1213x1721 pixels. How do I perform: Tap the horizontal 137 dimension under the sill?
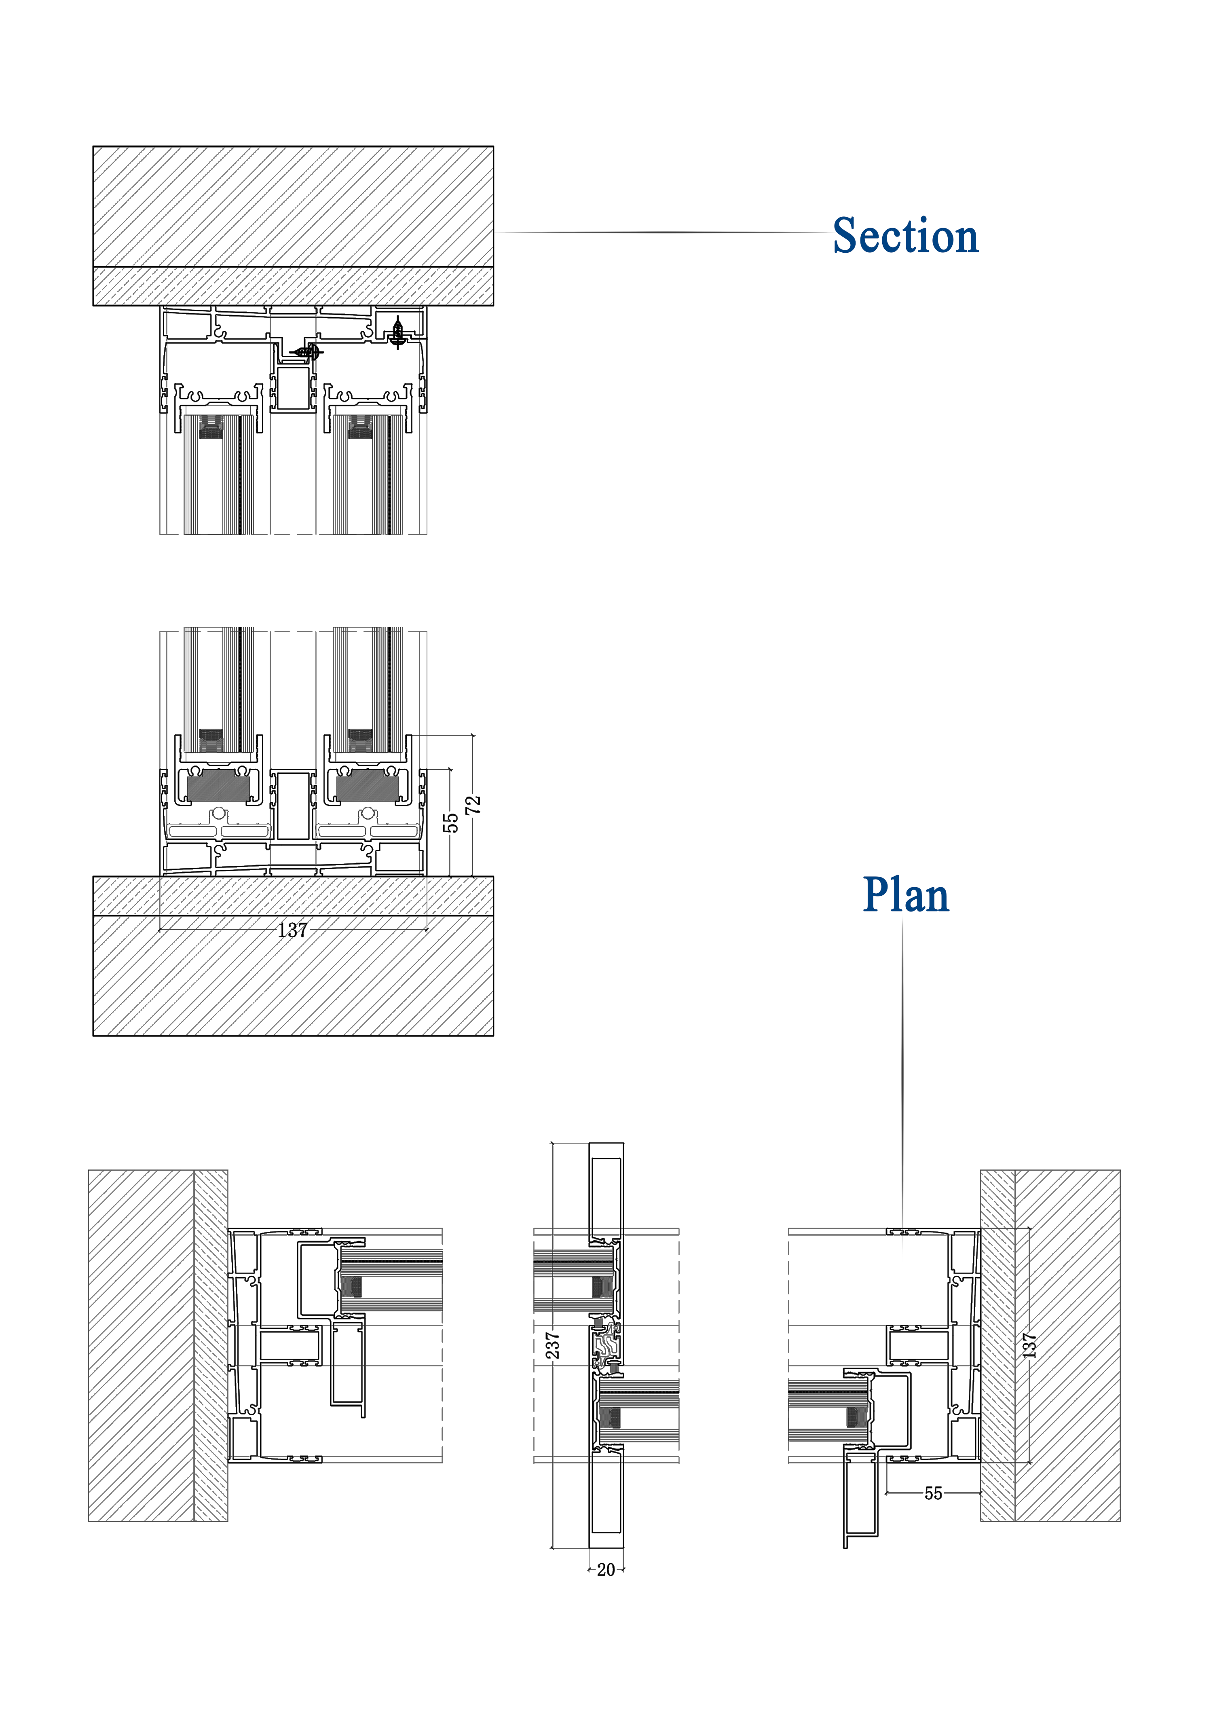(292, 930)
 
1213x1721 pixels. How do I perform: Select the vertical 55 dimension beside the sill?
(450, 822)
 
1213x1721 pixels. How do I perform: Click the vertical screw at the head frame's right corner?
(398, 332)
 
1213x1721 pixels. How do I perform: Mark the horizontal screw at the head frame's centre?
(306, 351)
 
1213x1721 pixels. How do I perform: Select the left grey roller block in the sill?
(218, 786)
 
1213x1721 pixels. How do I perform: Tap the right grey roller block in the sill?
(368, 786)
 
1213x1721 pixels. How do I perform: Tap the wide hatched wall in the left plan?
(141, 1345)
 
